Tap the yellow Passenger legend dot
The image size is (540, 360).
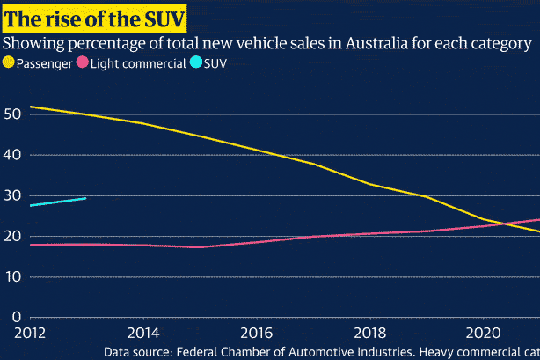[x=10, y=63]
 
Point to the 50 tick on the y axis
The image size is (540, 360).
[x=13, y=114]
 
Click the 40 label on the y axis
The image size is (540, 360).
[x=13, y=155]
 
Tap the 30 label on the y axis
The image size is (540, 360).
[x=13, y=195]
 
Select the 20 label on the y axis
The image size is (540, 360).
[x=13, y=236]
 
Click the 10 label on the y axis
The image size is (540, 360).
[x=13, y=276]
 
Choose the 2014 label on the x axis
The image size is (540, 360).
[x=142, y=334]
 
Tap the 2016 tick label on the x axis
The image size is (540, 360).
[x=254, y=334]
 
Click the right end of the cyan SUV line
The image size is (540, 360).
[x=85, y=198]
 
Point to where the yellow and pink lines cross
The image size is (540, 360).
[x=507, y=224]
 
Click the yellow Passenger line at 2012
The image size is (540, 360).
[x=30, y=107]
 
